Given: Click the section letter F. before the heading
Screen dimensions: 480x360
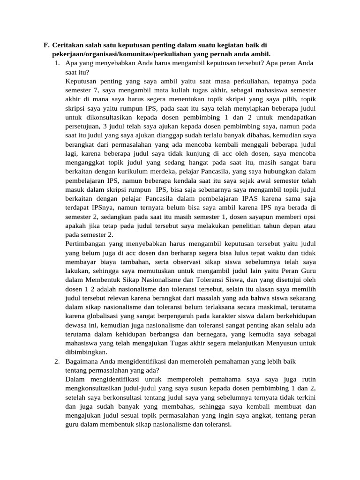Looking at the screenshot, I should (x=46, y=45).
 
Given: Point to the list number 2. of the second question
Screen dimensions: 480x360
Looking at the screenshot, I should (x=57, y=361).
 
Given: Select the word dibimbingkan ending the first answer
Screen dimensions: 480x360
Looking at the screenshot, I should (x=86, y=352).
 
